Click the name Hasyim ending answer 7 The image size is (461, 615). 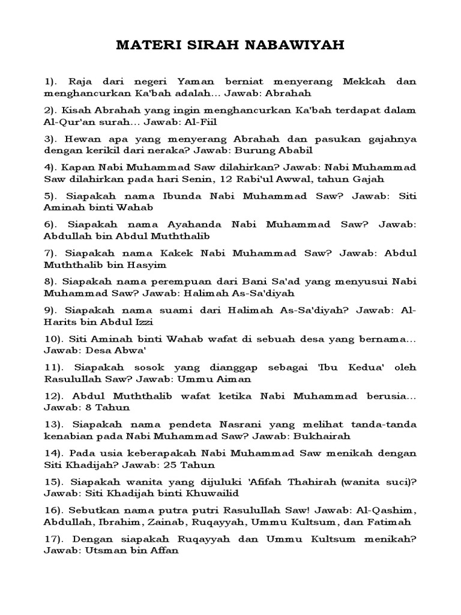(x=150, y=264)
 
